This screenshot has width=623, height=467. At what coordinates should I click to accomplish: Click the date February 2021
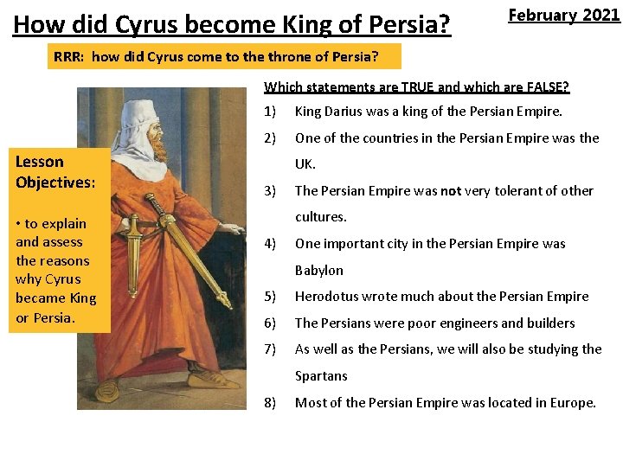(563, 16)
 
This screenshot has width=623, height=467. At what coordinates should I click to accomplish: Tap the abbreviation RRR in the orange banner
(67, 58)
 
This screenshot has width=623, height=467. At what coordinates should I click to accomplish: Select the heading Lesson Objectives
(55, 171)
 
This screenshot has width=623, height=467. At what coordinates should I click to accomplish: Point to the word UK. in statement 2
(305, 163)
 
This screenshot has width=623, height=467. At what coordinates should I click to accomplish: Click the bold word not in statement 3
(451, 190)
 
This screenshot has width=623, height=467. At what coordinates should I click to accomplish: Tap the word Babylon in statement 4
(319, 270)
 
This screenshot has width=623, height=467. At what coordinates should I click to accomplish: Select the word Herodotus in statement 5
(326, 296)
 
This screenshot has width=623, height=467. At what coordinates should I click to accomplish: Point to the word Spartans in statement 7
(321, 375)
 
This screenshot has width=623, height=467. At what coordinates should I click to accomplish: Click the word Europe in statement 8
(570, 402)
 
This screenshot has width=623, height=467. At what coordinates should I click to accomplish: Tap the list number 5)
(270, 296)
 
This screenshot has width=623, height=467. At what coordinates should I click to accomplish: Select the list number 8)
(270, 402)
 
